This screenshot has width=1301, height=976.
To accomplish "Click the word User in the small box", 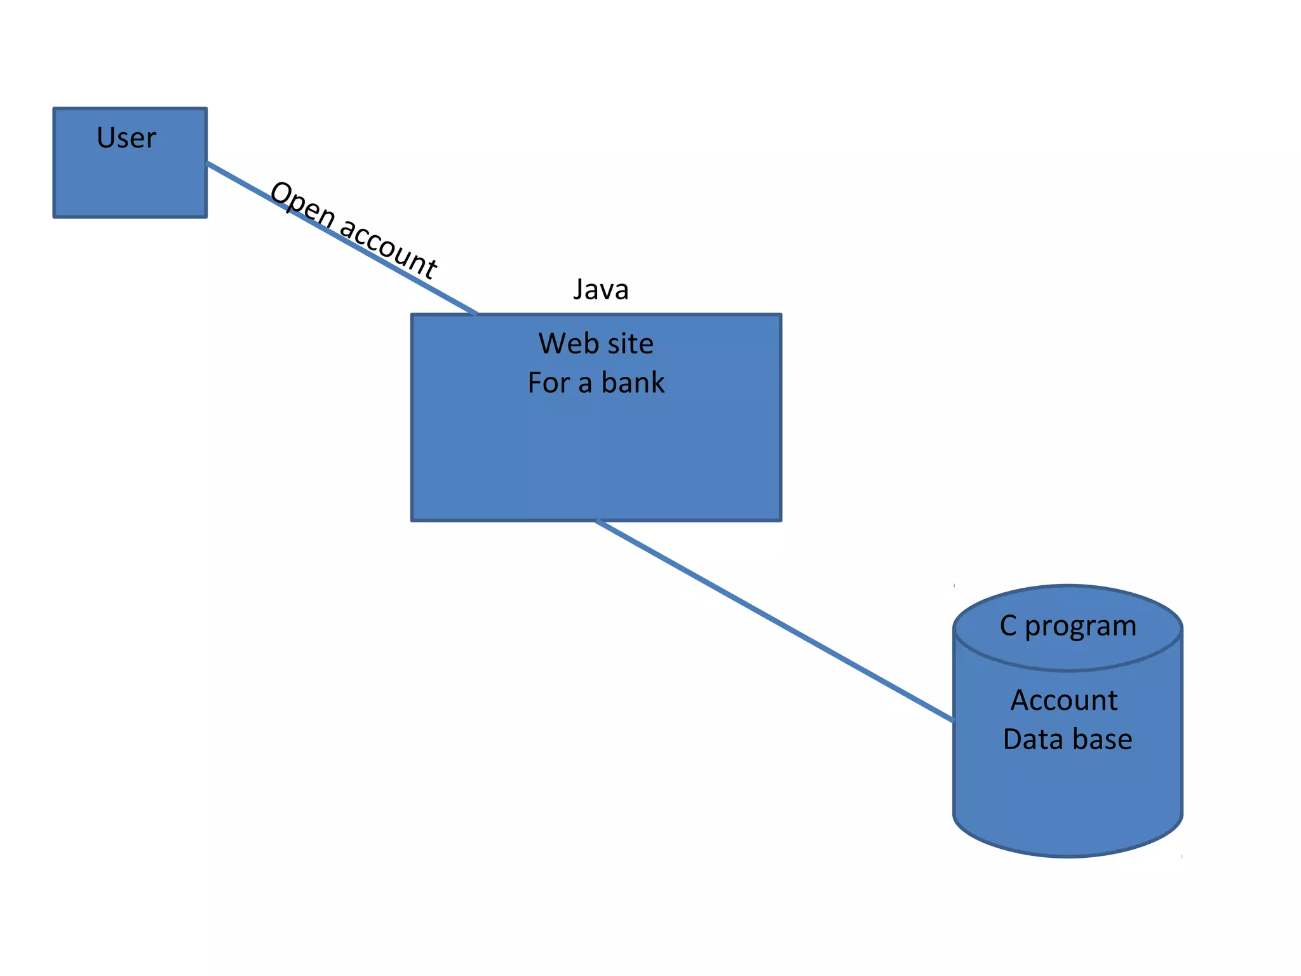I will click(126, 138).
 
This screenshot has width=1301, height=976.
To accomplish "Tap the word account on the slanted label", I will click(389, 248).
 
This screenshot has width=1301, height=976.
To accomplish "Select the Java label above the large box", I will click(600, 290).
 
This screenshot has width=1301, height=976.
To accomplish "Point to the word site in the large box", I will click(629, 344).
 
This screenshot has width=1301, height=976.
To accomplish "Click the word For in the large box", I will click(549, 383).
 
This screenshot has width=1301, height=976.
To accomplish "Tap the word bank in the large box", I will click(633, 383).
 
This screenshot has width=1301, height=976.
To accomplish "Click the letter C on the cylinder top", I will click(1008, 625).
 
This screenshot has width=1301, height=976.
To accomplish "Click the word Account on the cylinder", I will click(1064, 700).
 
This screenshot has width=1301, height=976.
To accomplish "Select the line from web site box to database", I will click(775, 621).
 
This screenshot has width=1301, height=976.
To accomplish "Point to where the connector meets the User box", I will click(208, 163).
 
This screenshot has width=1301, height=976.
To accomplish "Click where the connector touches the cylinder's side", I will click(953, 721).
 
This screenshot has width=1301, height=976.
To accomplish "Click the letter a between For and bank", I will click(585, 384).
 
